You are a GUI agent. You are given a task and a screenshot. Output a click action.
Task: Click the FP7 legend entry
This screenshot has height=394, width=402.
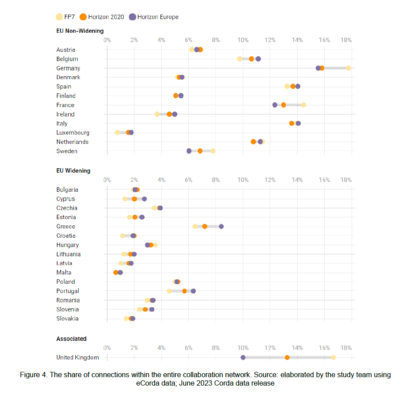coord(65,17)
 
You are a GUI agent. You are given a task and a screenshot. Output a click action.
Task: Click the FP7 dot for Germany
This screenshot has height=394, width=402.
coord(348,68)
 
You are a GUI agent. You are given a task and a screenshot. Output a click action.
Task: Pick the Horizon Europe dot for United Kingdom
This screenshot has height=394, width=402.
coord(243,357)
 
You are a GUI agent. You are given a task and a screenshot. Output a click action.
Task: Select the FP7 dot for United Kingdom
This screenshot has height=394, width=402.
coord(333,357)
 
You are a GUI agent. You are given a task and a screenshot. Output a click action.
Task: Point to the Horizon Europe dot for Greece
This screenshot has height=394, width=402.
coord(221,226)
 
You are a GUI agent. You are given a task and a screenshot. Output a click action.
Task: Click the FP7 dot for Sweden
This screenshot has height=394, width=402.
coord(213,151)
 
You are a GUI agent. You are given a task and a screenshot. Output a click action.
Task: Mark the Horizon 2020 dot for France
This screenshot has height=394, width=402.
coord(283,105)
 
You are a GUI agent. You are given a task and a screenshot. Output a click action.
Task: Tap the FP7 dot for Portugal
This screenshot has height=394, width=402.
coord(169,291)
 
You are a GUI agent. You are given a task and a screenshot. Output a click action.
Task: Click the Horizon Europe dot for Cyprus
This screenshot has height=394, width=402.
coord(144,199)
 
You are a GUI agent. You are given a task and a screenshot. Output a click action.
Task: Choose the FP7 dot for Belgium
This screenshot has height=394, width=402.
coord(239,59)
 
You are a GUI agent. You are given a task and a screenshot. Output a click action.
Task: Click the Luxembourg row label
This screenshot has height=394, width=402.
coord(73,132)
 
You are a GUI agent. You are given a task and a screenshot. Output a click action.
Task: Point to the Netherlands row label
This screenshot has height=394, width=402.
coord(72,142)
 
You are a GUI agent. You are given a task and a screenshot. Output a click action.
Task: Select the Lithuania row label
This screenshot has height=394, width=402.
coord(68,254)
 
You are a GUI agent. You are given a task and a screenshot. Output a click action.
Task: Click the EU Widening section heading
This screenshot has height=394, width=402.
coord(73,170)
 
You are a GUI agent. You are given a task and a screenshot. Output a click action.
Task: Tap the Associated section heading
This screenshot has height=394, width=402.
coord(71,339)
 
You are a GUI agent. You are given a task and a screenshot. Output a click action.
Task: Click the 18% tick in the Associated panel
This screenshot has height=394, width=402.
coord(346,348)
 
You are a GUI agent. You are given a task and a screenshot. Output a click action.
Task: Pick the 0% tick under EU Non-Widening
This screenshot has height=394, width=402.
coord(107,40)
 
